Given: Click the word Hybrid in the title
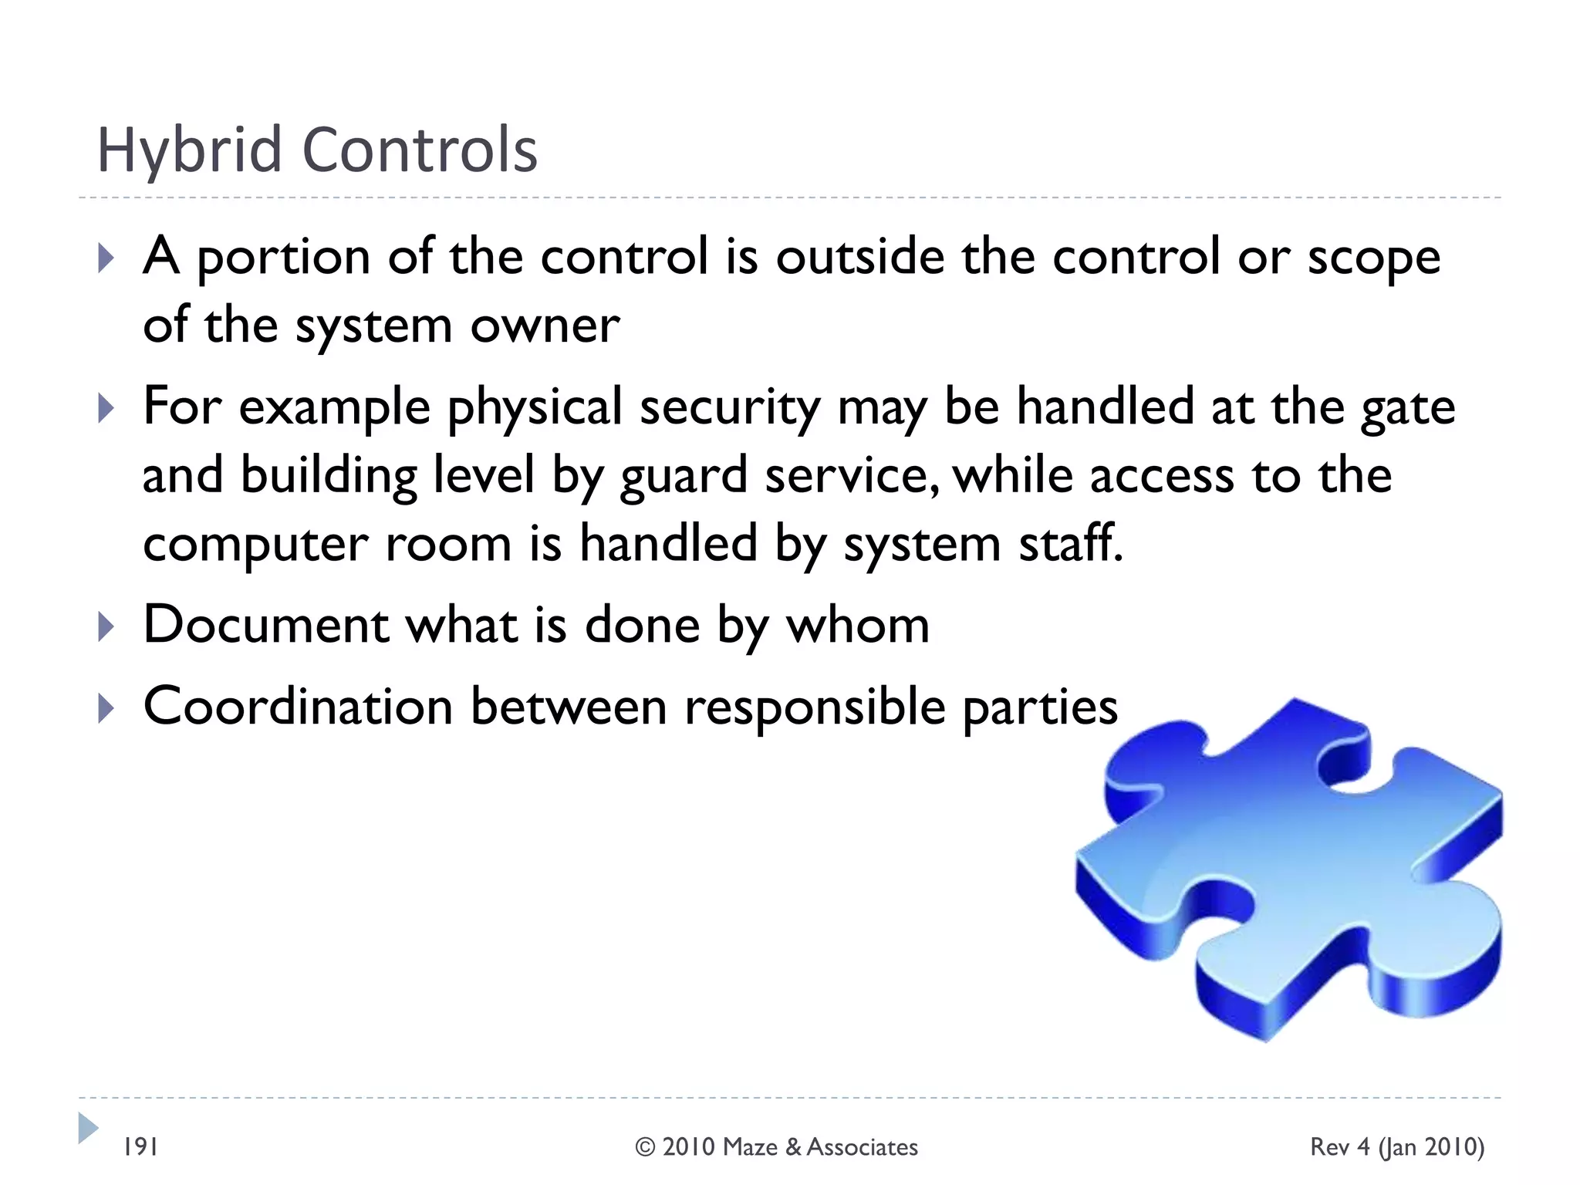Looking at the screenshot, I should pos(188,151).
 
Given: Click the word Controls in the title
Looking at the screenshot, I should pos(420,150).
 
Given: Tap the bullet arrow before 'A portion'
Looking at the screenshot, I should pos(106,258).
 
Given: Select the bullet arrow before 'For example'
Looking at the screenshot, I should pos(106,408).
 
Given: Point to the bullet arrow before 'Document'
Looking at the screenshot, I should pos(106,626).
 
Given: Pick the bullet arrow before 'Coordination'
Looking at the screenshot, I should pos(106,708).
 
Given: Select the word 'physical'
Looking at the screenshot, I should pos(535,407).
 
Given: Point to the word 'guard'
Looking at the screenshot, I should pos(684,476).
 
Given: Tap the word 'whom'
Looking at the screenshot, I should pos(857,625).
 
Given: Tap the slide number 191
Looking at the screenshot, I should pos(141,1146).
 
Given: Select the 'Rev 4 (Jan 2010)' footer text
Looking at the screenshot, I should pos(1396,1147).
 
